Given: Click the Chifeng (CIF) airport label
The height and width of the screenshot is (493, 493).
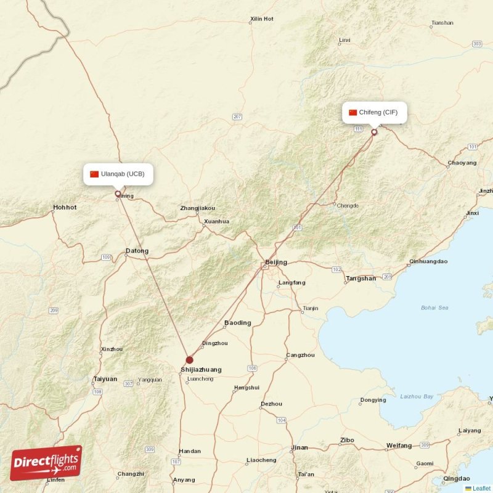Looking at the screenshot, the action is pyautogui.click(x=375, y=113).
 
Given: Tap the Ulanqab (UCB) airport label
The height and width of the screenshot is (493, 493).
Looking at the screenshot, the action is pyautogui.click(x=118, y=174).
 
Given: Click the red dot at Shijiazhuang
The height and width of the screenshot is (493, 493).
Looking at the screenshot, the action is pyautogui.click(x=189, y=360).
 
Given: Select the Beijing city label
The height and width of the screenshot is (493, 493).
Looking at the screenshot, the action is pyautogui.click(x=276, y=263).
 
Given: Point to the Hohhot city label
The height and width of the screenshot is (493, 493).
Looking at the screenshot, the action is pyautogui.click(x=65, y=208).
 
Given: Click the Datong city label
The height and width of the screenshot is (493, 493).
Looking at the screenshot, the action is pyautogui.click(x=137, y=251).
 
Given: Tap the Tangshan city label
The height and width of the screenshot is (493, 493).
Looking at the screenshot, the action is pyautogui.click(x=361, y=279).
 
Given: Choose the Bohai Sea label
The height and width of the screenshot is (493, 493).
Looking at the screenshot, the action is pyautogui.click(x=434, y=308).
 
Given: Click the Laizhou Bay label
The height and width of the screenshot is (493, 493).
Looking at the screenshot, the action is pyautogui.click(x=417, y=396).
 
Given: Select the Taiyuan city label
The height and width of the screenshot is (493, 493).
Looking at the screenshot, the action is pyautogui.click(x=105, y=379).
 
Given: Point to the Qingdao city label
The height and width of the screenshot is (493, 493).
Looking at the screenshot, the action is pyautogui.click(x=456, y=478).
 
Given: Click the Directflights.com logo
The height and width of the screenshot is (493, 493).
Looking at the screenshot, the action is pyautogui.click(x=46, y=463).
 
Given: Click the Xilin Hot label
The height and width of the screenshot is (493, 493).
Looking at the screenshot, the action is pyautogui.click(x=261, y=19).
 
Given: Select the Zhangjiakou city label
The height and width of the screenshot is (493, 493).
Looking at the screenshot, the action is pyautogui.click(x=198, y=208).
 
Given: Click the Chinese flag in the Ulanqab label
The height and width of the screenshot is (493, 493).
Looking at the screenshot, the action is pyautogui.click(x=94, y=174).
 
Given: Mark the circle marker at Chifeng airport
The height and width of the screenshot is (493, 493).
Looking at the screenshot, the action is pyautogui.click(x=374, y=132).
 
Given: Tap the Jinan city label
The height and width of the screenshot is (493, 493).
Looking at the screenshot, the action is pyautogui.click(x=299, y=447).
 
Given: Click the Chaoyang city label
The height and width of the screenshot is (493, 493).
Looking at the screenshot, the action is pyautogui.click(x=462, y=163).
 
